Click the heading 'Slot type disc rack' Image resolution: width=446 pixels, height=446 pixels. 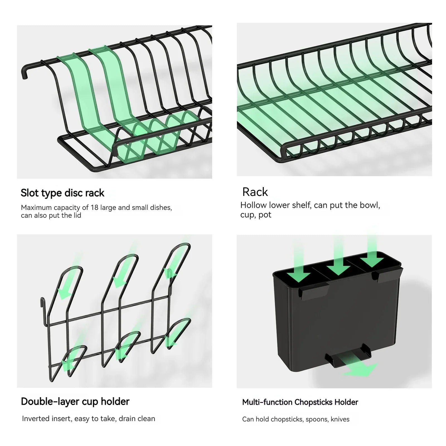point(62,193)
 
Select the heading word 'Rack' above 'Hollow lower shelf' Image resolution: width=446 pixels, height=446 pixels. point(255,192)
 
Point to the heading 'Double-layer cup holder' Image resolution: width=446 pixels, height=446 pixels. point(75,401)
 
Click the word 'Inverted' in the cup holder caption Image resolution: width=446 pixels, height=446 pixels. point(35,419)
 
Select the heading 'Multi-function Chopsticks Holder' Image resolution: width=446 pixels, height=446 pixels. point(300,402)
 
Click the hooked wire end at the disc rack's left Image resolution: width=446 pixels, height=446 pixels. point(25,71)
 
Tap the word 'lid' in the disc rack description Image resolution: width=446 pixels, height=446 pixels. point(77,215)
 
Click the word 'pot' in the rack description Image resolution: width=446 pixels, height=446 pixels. point(265,215)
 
